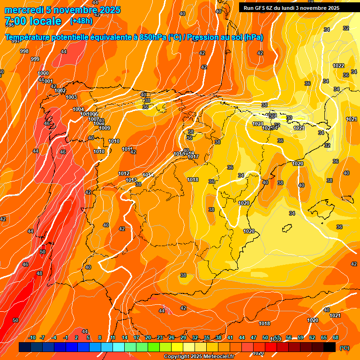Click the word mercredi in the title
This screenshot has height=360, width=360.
click(23, 10)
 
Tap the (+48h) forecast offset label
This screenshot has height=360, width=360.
click(81, 21)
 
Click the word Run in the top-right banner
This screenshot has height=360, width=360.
click(248, 8)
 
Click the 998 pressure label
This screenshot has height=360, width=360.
click(24, 51)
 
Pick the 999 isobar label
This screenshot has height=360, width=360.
click(35, 59)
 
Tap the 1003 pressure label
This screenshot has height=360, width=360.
click(71, 97)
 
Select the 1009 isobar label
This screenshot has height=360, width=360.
click(105, 128)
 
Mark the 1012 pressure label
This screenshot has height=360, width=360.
click(124, 173)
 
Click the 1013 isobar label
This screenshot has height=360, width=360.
click(131, 180)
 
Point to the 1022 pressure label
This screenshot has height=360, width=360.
click(338, 66)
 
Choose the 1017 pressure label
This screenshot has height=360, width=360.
click(194, 157)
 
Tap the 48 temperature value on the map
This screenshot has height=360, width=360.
click(39, 273)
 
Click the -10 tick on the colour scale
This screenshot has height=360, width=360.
click(32, 337)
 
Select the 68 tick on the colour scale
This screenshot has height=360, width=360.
click(336, 337)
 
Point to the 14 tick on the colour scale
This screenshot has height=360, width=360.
click(125, 337)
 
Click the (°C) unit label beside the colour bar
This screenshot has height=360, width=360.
click(344, 348)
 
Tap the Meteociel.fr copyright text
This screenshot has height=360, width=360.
click(199, 357)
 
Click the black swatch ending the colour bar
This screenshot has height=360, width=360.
click(330, 347)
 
